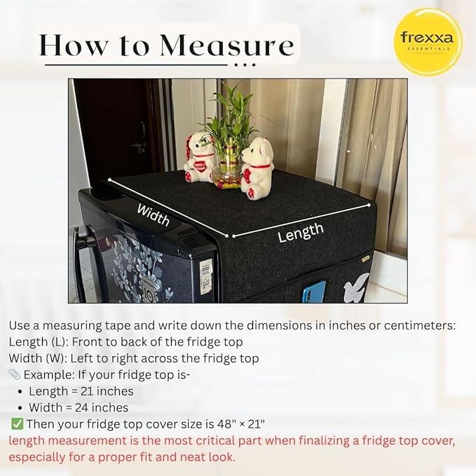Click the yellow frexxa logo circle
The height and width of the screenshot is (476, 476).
pos(428,41)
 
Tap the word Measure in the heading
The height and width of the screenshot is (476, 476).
pos(226,46)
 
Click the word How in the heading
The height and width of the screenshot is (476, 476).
pos(74,46)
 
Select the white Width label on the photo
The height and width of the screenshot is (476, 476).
pos(153,214)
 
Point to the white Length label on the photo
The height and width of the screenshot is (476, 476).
pos(301,232)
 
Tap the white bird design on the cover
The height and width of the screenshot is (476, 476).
pos(357,287)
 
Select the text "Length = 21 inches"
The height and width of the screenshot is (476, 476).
pos(81,391)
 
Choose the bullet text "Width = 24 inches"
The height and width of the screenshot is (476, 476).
pos(79,407)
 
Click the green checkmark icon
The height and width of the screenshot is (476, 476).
pos(17,423)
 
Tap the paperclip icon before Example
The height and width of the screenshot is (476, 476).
pos(15,375)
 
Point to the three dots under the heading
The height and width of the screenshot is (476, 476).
pos(245,65)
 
